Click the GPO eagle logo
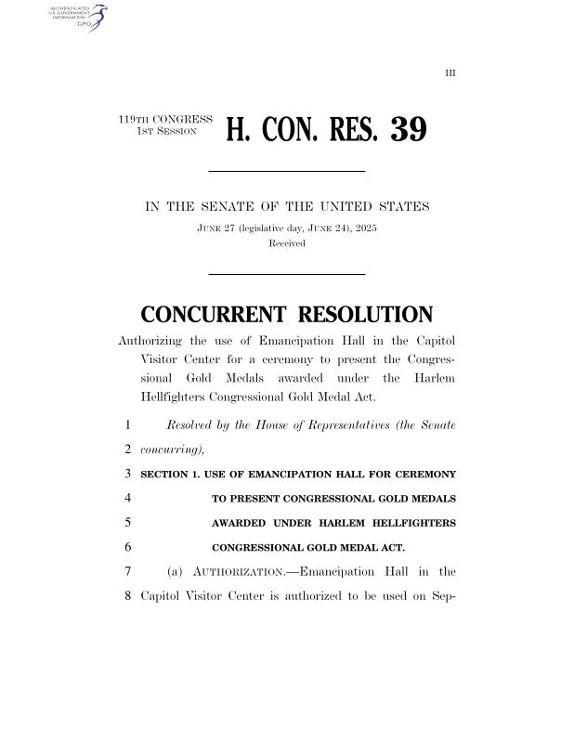(x=94, y=16)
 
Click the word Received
(x=286, y=243)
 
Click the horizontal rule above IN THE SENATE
(x=286, y=171)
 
